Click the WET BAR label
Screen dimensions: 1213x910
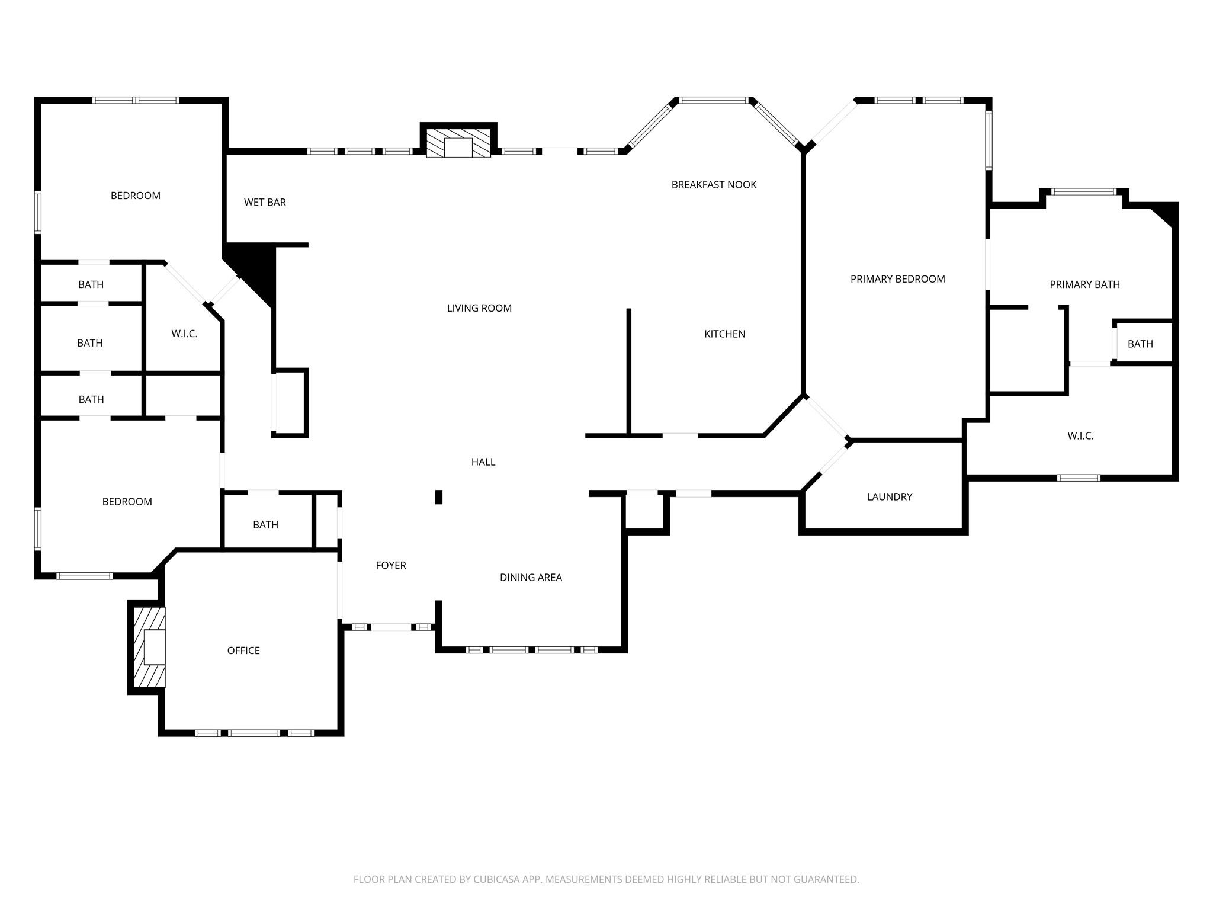coord(265,203)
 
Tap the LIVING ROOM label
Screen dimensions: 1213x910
coord(479,308)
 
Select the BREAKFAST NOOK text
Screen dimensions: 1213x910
coord(714,185)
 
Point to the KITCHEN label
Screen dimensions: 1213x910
coord(724,334)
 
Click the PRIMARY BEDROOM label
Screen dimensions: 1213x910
coord(897,279)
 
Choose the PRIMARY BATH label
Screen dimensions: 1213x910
coord(1084,284)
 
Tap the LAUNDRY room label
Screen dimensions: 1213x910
coord(889,497)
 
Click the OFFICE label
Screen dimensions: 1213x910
coord(243,651)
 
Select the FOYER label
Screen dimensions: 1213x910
coord(391,566)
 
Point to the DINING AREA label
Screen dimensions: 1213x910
coord(531,578)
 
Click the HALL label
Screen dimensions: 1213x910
coord(483,462)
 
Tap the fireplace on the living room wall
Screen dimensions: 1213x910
coord(458,143)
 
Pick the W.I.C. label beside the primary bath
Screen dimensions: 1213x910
coord(1080,436)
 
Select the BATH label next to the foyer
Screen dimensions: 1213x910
coord(265,525)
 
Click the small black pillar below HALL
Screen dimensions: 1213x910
coord(439,497)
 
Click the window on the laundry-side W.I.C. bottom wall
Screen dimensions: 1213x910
coord(1079,478)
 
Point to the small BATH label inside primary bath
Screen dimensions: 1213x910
coord(1140,344)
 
